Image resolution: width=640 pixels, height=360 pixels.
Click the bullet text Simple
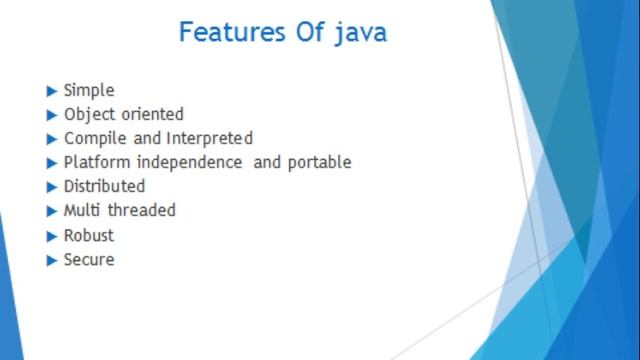click(89, 91)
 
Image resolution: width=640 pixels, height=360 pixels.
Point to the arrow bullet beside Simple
click(52, 91)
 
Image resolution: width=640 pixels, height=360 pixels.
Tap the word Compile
click(95, 139)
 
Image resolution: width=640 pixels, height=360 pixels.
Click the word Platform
click(97, 163)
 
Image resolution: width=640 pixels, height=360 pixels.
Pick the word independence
click(189, 163)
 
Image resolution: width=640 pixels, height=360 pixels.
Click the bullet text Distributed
click(104, 187)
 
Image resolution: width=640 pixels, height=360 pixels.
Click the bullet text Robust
click(89, 236)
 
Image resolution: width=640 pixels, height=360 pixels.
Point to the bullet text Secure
click(89, 260)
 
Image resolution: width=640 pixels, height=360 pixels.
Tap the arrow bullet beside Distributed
click(52, 187)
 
